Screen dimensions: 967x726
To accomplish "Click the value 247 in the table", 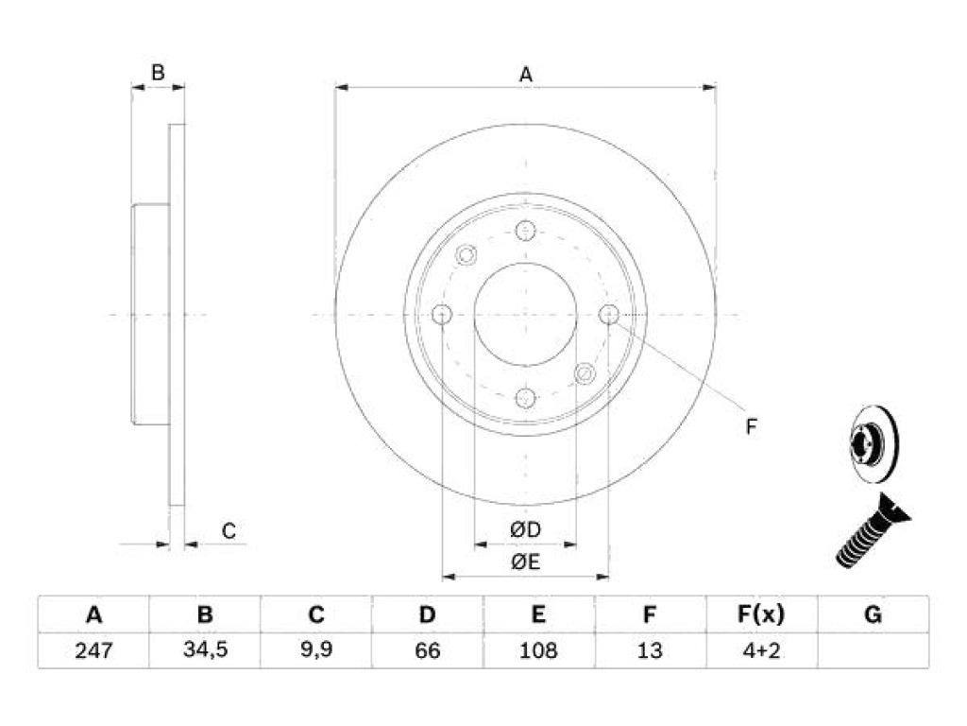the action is (x=93, y=650).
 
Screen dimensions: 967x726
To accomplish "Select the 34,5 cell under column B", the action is (x=205, y=649).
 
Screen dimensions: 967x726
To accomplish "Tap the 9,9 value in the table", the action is (x=316, y=649).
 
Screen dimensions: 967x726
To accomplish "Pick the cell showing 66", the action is (x=428, y=650).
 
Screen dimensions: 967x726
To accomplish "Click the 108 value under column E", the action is (x=538, y=650).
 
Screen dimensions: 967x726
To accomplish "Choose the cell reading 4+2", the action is (x=761, y=650).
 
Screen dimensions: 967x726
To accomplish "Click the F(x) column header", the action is (x=761, y=614).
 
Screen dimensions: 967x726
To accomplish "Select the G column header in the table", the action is (x=873, y=614).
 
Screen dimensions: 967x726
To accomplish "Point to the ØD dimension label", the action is (x=525, y=529).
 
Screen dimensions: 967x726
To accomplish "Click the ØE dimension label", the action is (x=525, y=562).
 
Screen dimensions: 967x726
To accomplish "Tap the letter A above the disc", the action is (x=525, y=75).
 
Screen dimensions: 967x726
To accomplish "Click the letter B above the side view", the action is (x=158, y=72).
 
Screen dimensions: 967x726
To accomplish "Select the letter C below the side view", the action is (x=229, y=531).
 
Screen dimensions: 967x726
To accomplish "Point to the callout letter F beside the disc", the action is (x=751, y=426).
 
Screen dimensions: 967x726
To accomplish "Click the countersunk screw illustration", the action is (x=873, y=530).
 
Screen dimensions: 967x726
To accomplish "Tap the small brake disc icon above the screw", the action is (x=874, y=444).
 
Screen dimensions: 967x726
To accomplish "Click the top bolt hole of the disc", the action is (x=525, y=231).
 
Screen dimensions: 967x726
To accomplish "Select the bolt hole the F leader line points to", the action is (x=609, y=314).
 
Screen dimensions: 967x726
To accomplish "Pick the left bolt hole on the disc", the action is (x=442, y=315).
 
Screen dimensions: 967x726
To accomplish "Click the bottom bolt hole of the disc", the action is (x=525, y=398).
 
